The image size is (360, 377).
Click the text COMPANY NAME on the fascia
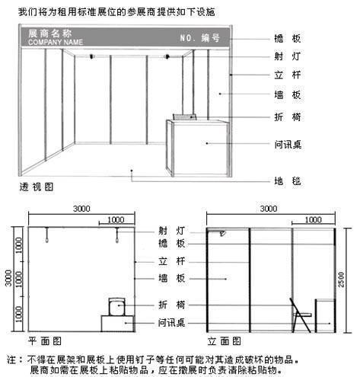56,42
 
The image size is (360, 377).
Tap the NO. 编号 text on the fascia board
199,38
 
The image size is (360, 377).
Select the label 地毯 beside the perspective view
288,181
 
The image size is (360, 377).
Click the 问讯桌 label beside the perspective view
288,145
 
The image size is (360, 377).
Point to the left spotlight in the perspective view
91,56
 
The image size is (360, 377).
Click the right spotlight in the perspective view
167,56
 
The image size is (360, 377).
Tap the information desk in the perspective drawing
198,148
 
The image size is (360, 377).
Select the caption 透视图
37,187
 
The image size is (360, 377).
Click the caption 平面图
45,341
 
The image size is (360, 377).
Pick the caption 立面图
224,341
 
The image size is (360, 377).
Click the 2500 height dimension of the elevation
341,280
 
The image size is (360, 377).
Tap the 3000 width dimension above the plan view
81,209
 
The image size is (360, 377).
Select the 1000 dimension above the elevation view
314,219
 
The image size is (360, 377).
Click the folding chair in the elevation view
301,315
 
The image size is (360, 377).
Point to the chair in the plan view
117,307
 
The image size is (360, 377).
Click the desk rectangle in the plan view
117,324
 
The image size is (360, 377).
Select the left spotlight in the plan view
46,235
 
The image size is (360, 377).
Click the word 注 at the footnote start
12,359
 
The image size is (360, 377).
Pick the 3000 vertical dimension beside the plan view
8,278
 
